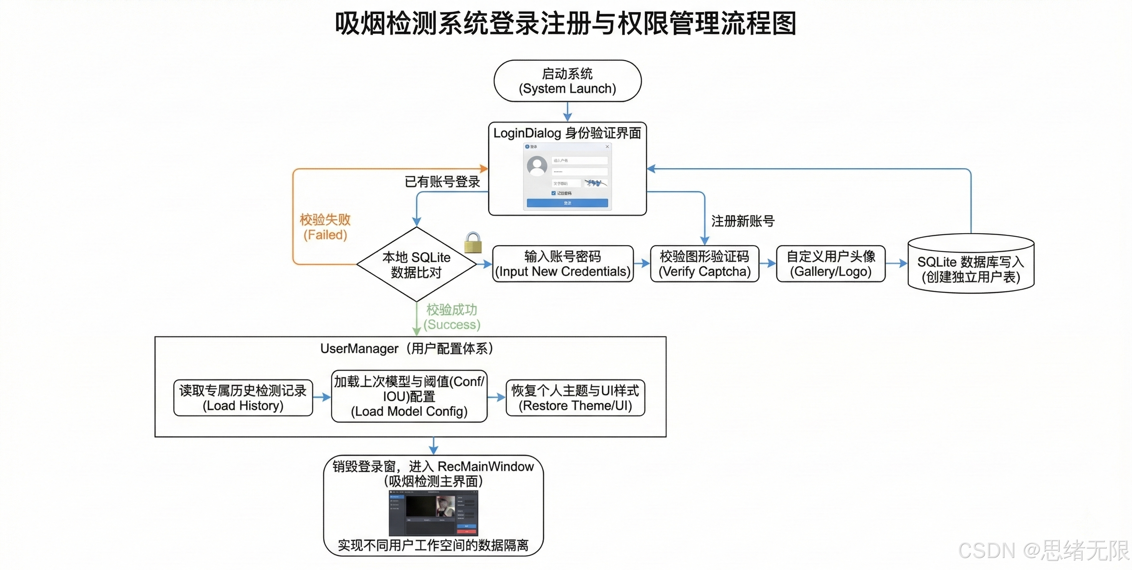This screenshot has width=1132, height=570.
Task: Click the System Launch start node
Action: click(x=567, y=81)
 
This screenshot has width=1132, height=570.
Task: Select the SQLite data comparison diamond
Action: click(x=416, y=264)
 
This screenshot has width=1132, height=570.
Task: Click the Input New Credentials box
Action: click(x=563, y=264)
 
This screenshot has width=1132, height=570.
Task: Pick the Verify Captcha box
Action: click(x=704, y=264)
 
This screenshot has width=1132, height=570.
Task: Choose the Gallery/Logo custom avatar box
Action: click(x=831, y=264)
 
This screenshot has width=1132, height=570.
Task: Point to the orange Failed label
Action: click(x=325, y=227)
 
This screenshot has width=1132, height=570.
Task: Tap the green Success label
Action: click(x=452, y=317)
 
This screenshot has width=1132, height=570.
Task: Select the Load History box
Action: click(x=243, y=397)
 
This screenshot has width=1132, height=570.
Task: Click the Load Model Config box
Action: click(x=409, y=396)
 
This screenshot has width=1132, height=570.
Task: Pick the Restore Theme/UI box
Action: click(x=575, y=397)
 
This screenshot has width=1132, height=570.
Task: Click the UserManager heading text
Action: click(x=406, y=348)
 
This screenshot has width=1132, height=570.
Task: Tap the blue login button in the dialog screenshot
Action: click(x=567, y=203)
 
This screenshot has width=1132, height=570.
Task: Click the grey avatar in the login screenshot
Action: click(x=537, y=166)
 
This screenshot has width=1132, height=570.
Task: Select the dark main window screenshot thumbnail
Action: click(x=433, y=513)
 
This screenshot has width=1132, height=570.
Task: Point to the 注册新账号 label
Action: click(x=742, y=221)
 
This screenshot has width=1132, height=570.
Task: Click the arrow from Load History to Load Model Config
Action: click(x=322, y=397)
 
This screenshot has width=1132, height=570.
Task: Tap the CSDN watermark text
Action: click(x=1043, y=551)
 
